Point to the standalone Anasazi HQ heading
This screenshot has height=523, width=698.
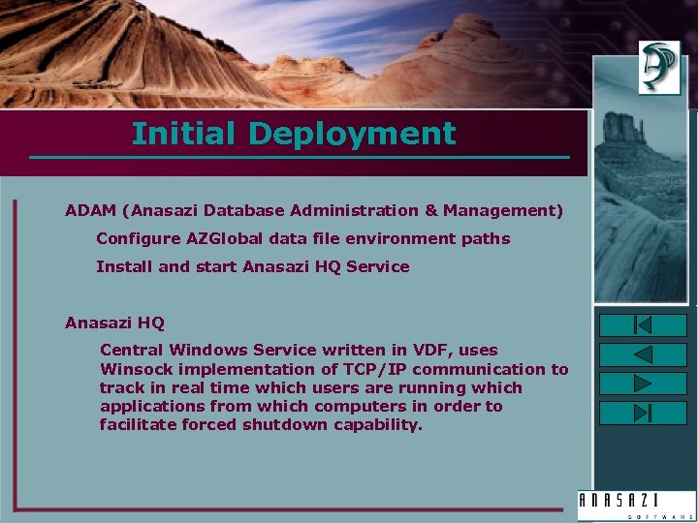click(x=114, y=323)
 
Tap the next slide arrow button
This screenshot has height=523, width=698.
click(x=643, y=384)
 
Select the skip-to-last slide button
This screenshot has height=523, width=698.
click(x=643, y=413)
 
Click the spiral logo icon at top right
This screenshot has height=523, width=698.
click(x=659, y=67)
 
